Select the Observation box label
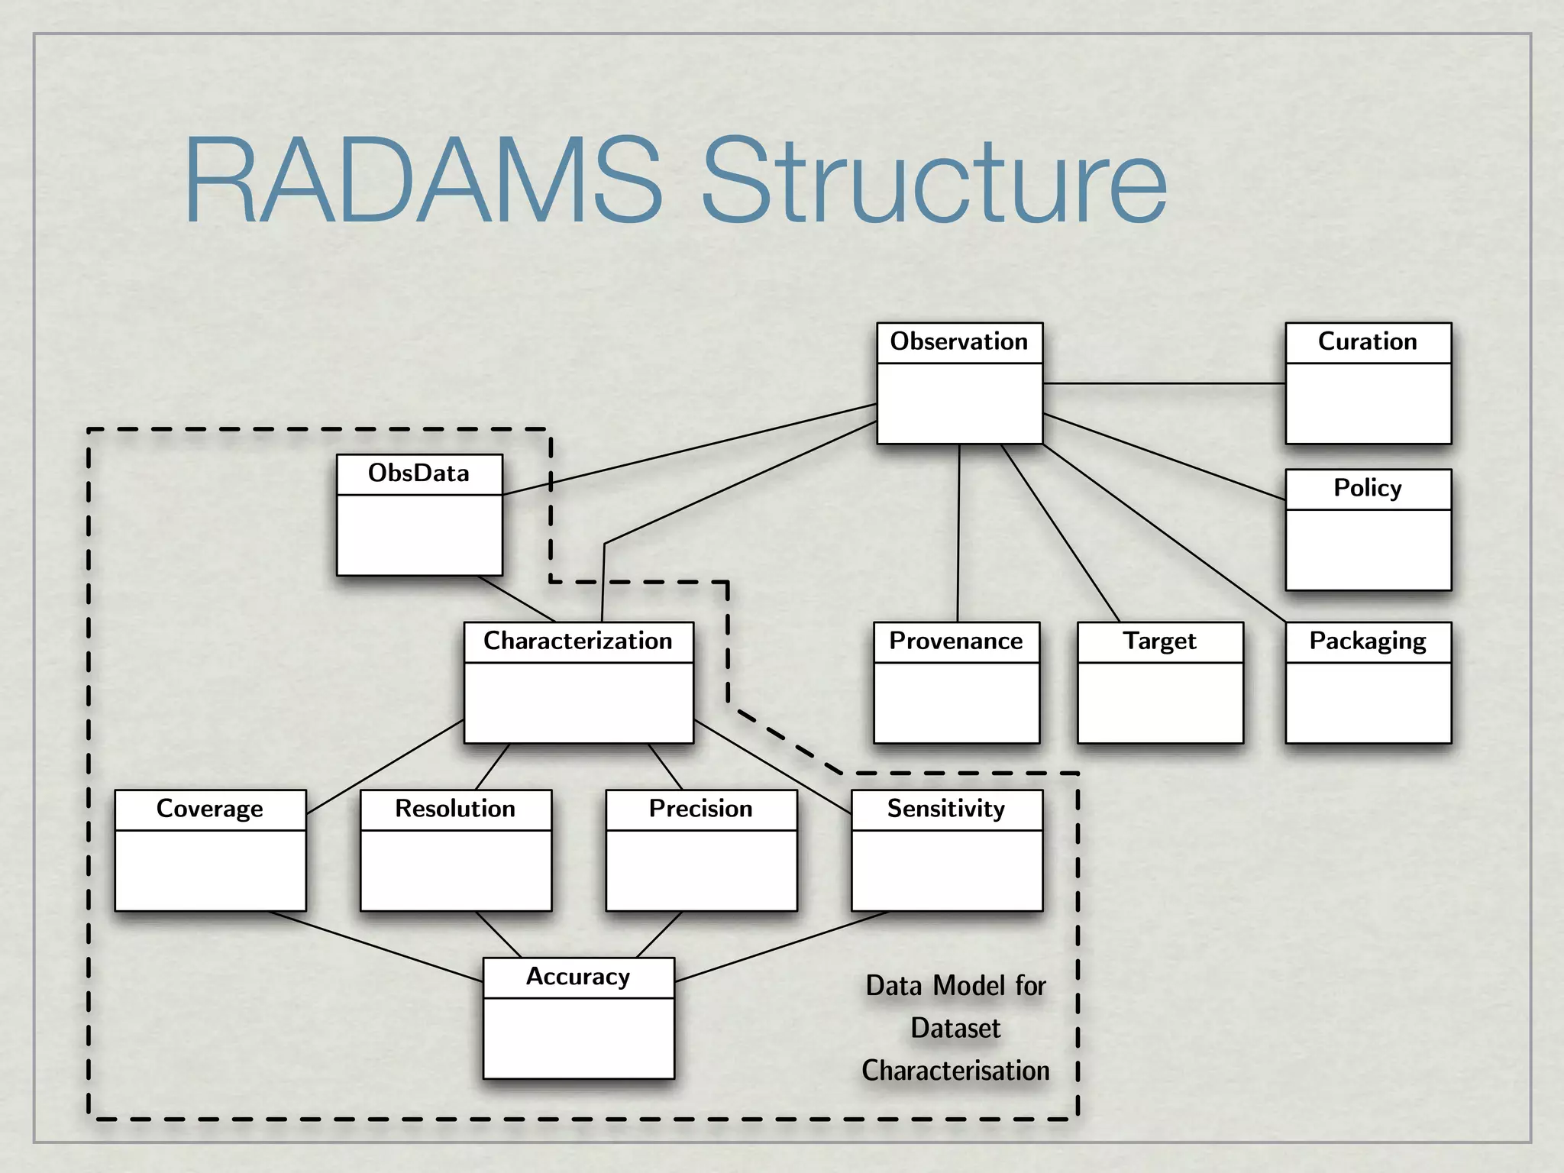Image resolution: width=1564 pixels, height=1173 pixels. pyautogui.click(x=959, y=341)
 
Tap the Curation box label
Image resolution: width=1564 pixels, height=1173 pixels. pyautogui.click(x=1367, y=341)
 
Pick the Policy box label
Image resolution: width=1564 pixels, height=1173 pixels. pyautogui.click(x=1367, y=488)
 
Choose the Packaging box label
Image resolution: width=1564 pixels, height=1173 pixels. pyautogui.click(x=1367, y=641)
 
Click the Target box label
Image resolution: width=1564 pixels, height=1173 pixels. pyautogui.click(x=1159, y=641)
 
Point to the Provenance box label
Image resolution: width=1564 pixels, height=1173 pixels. pyautogui.click(x=956, y=641)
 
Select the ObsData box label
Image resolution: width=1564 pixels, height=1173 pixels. pyautogui.click(x=418, y=473)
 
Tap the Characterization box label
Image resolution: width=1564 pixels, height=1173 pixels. pyautogui.click(x=578, y=641)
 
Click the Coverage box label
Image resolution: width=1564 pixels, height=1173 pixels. pyautogui.click(x=210, y=809)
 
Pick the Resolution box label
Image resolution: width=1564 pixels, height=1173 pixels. pyautogui.click(x=455, y=809)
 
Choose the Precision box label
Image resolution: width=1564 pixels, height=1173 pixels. pyautogui.click(x=700, y=809)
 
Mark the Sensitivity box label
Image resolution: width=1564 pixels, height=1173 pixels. pyautogui.click(x=946, y=809)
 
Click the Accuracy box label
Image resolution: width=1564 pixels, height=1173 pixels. pyautogui.click(x=578, y=977)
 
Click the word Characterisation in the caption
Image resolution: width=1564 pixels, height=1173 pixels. pyautogui.click(x=955, y=1071)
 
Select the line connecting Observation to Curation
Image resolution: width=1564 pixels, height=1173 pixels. pyautogui.click(x=1164, y=383)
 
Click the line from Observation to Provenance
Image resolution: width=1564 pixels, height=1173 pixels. pyautogui.click(x=958, y=535)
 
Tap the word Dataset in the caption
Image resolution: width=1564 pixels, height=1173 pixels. pyautogui.click(x=955, y=1029)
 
